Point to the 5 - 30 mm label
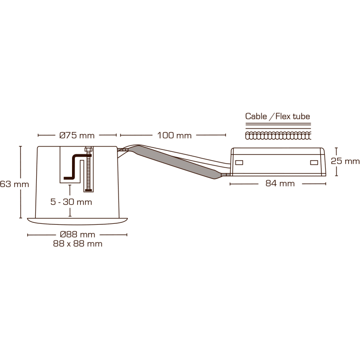(71, 201)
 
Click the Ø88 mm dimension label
(77, 235)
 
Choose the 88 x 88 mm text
(77, 244)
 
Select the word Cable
(256, 117)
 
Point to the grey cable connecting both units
(176, 159)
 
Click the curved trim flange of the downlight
(77, 221)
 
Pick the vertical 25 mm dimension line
(336, 161)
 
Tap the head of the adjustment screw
(89, 149)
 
